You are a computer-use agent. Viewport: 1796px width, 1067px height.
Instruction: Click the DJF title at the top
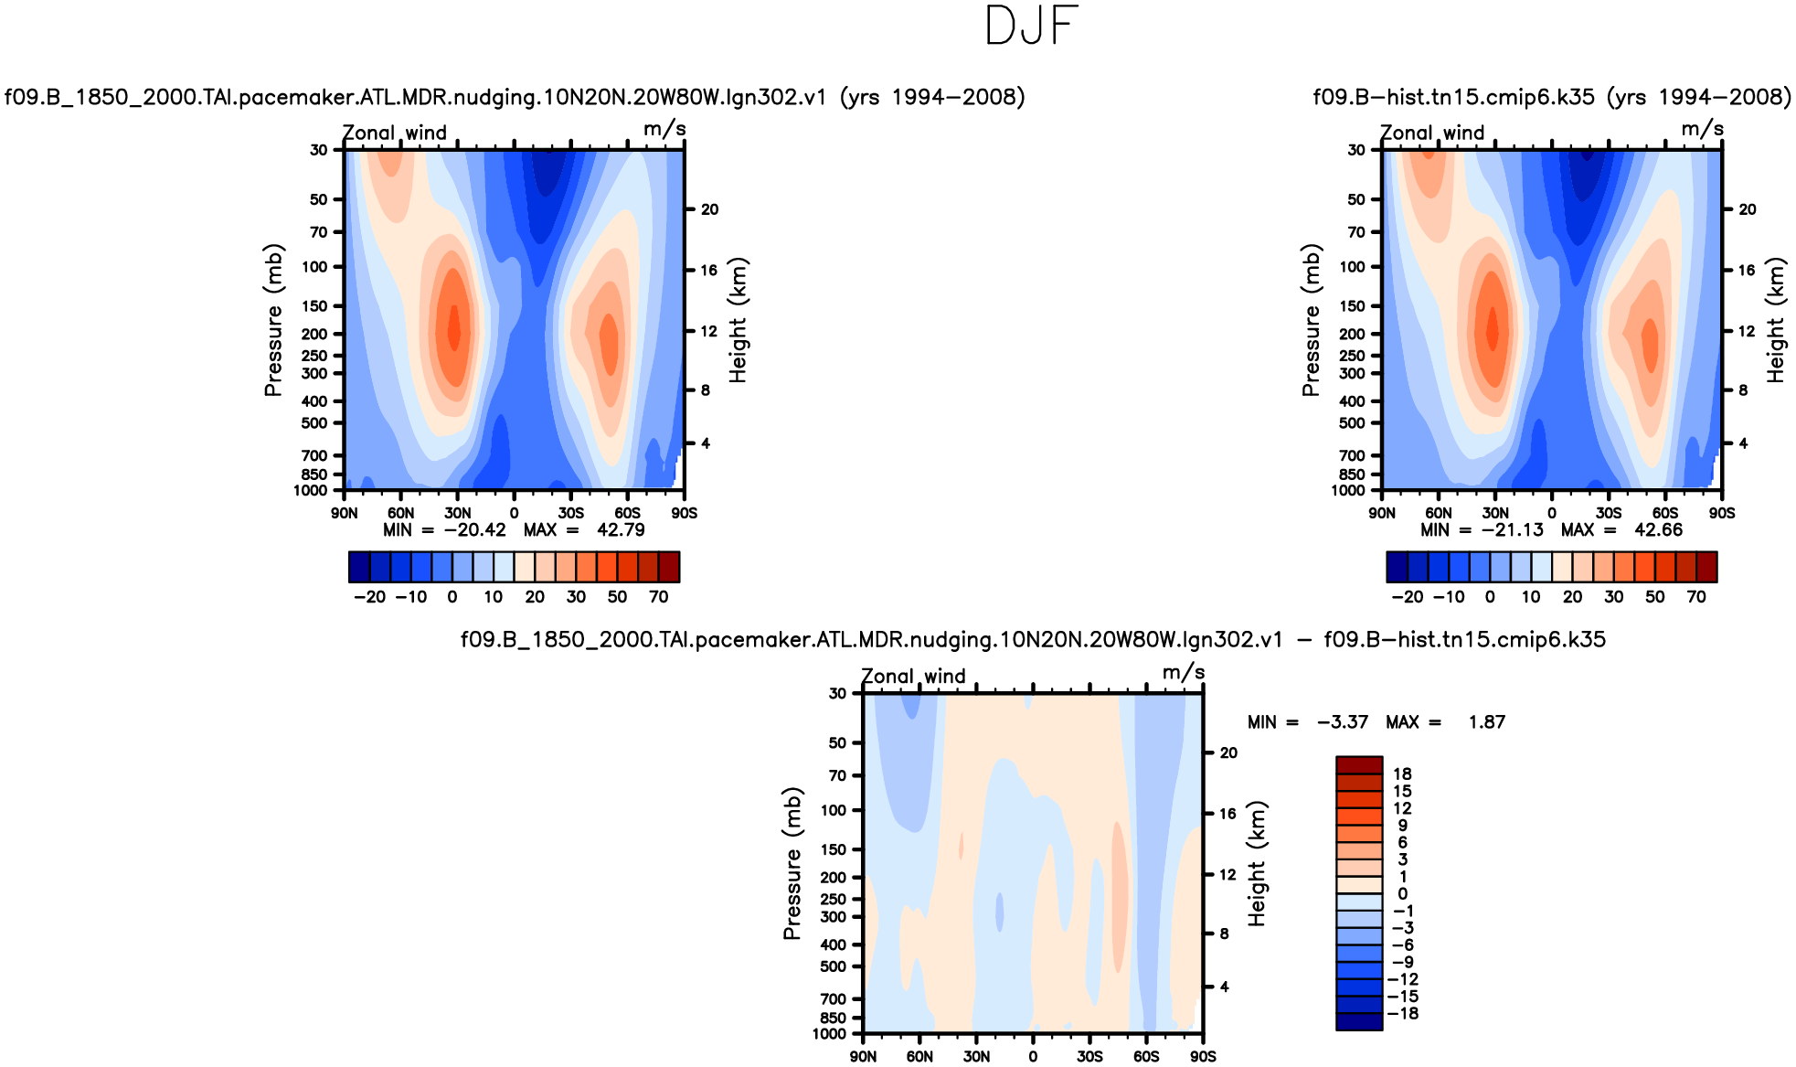coord(1032,27)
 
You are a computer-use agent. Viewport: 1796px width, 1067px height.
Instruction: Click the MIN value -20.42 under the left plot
coord(474,530)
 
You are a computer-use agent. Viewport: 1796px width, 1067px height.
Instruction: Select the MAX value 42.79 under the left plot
coord(621,530)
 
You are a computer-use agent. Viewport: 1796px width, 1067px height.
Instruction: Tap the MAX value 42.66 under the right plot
coord(1658,530)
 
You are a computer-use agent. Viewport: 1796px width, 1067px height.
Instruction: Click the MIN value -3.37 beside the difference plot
coord(1343,722)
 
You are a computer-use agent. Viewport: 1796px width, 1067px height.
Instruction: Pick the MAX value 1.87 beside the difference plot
coord(1486,722)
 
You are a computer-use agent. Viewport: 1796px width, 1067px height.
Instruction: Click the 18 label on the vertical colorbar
coord(1402,774)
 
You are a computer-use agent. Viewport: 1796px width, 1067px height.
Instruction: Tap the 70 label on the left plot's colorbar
coord(658,597)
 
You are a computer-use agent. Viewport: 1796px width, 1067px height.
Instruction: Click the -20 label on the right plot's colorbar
coord(1407,597)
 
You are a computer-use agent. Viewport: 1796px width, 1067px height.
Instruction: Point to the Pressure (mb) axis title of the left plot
coord(273,320)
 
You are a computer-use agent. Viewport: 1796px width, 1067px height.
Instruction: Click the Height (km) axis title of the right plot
coord(1776,320)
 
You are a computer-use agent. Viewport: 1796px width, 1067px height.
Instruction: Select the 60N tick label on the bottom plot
coord(919,1057)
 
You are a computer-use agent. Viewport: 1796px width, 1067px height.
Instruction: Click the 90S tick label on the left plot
coord(684,513)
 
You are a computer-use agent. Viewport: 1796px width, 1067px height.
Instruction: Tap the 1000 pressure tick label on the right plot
coord(1348,491)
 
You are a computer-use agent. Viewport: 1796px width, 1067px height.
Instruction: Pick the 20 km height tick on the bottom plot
coord(1228,753)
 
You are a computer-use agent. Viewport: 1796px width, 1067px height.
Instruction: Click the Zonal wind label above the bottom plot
coord(913,677)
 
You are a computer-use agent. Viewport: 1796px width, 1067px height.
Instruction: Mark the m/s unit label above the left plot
coord(664,129)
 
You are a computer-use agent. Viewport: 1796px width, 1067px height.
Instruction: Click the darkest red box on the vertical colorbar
coord(1358,765)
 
